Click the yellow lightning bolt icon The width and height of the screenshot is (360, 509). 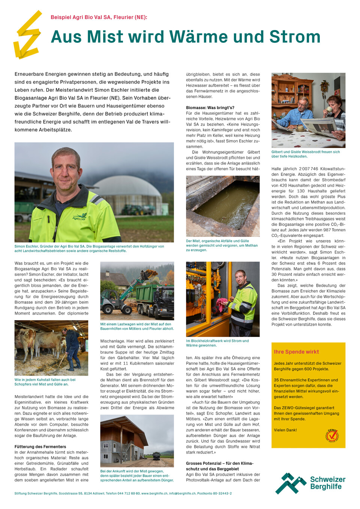(x=27, y=36)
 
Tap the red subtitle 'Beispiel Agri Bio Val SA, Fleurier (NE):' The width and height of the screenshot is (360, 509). (x=99, y=17)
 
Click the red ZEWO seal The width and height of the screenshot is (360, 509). (x=332, y=436)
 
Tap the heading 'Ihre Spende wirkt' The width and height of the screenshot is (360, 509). (x=296, y=352)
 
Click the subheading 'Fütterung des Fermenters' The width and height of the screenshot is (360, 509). (x=40, y=446)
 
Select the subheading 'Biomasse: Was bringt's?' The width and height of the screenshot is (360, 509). (x=210, y=108)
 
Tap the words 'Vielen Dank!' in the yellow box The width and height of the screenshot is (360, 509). (x=285, y=430)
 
